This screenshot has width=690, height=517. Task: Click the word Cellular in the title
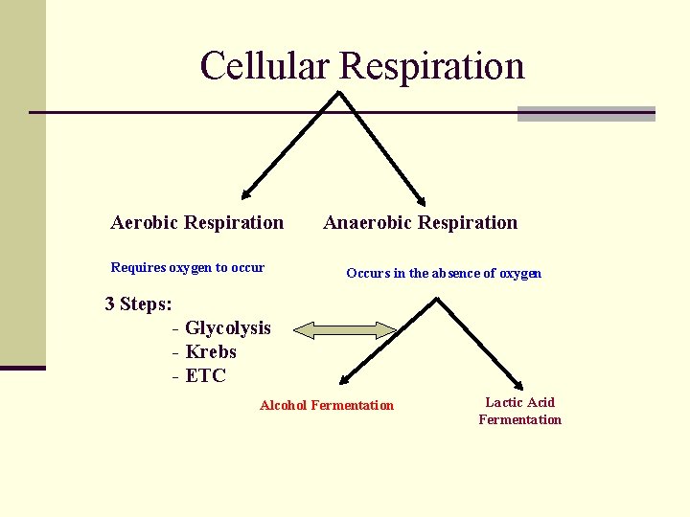pos(265,66)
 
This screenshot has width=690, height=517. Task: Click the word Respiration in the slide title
pos(432,66)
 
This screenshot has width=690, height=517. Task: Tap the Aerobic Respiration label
pos(197,223)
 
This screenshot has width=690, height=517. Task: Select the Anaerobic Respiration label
pos(421,223)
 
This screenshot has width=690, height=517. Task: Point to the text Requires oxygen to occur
pos(188,267)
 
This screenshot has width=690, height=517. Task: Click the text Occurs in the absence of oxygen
pos(444,273)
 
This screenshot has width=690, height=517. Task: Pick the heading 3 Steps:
pos(139,304)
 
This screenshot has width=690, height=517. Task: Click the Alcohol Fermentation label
pos(327,405)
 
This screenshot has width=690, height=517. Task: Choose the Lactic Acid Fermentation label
pos(520,411)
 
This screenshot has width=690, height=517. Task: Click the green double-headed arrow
pos(345,331)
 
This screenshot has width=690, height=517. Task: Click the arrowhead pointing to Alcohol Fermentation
pos(343,381)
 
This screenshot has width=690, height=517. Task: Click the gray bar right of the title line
pos(586,114)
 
